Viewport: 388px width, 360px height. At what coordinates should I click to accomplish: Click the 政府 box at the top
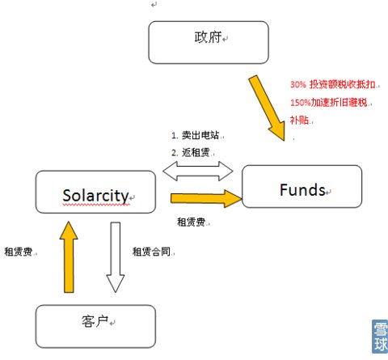(x=209, y=42)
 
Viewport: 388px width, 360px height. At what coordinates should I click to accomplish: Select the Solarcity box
(x=95, y=192)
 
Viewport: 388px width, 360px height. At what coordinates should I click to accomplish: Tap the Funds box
(x=302, y=186)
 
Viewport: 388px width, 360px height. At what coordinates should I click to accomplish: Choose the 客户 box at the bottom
(x=95, y=326)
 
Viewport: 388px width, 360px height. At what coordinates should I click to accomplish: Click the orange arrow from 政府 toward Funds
(x=268, y=108)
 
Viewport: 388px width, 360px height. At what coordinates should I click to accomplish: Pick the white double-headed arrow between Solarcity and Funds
(x=198, y=171)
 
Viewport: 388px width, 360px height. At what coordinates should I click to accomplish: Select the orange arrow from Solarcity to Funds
(x=206, y=198)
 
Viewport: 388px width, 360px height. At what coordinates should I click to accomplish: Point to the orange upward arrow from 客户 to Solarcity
(x=69, y=257)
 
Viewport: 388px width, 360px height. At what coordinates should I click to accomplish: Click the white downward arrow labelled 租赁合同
(x=116, y=257)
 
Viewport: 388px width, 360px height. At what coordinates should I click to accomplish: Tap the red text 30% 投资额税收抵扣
(x=333, y=84)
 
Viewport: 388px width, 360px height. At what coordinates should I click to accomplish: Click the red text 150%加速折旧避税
(x=329, y=103)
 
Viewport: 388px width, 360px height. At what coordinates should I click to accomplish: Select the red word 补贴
(x=299, y=120)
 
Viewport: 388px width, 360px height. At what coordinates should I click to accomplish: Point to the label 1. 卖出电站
(x=196, y=135)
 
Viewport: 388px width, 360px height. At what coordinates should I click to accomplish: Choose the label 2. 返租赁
(x=191, y=153)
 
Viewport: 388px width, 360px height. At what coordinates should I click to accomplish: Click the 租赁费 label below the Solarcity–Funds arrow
(x=191, y=222)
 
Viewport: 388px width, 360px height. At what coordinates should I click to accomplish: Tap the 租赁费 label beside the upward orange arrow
(x=19, y=252)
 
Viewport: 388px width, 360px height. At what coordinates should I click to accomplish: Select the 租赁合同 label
(x=151, y=252)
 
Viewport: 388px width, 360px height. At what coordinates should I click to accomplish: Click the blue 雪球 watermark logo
(x=380, y=337)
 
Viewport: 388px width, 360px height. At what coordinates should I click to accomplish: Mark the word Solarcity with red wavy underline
(x=95, y=196)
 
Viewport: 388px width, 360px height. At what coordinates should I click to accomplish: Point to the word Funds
(x=302, y=190)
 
